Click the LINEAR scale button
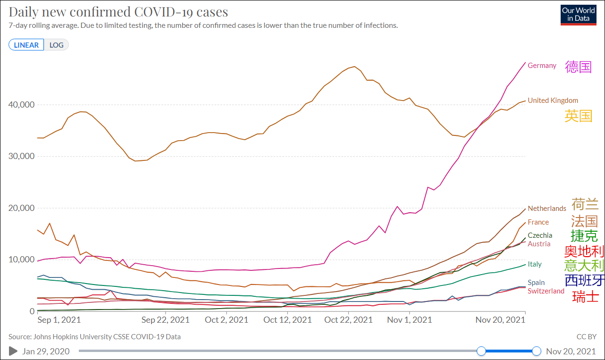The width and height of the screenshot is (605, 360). point(26,45)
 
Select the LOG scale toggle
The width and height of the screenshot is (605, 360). point(57,45)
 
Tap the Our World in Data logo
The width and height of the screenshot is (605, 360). point(578,15)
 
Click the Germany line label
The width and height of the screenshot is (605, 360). point(542,66)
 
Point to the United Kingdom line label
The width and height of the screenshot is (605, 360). point(553,100)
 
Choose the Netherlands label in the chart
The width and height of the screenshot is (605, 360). point(546,208)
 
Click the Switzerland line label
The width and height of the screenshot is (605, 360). point(546,291)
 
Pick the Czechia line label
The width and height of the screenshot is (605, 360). point(540,235)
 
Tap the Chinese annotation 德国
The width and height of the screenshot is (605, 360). point(578,67)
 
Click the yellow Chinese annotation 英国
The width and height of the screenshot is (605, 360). point(578,116)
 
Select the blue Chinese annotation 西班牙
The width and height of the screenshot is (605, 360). point(584,280)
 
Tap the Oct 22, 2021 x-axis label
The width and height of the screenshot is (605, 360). point(349,320)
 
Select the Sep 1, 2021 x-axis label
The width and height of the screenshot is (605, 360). point(59,320)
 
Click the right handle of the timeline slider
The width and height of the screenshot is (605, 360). point(536,351)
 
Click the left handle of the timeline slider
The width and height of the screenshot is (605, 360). point(481,351)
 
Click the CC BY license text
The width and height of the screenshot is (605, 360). point(586,337)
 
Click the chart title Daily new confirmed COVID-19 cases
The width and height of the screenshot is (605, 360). point(118,12)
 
